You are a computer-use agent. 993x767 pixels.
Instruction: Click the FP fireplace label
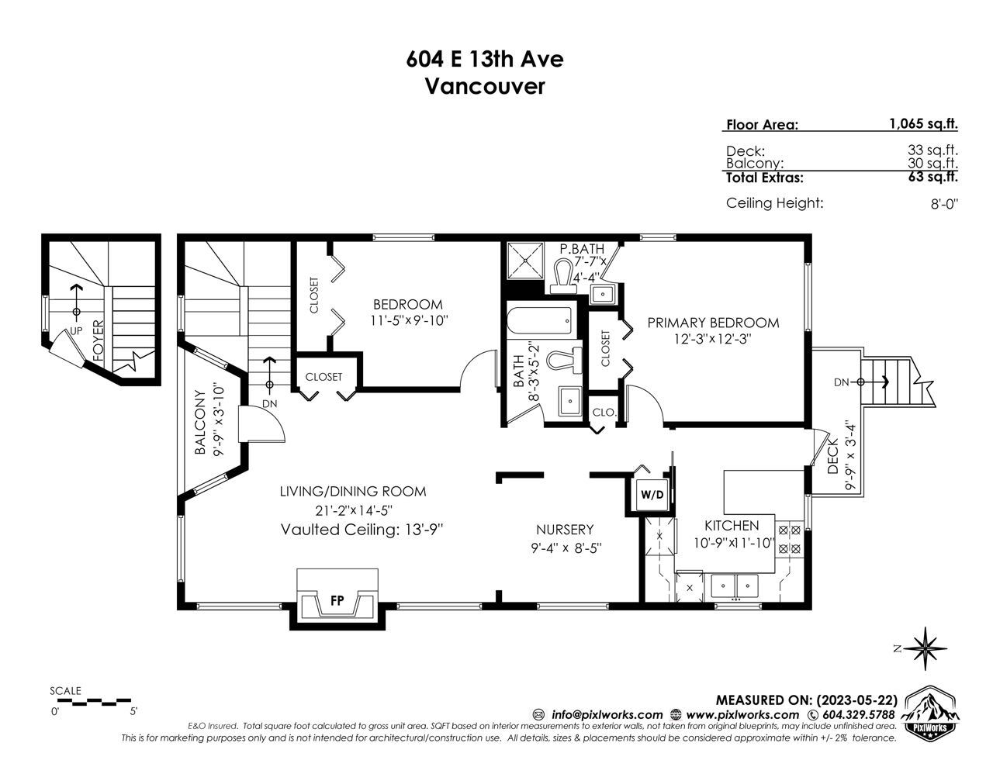click(337, 600)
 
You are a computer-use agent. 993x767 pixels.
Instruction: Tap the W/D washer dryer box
click(652, 494)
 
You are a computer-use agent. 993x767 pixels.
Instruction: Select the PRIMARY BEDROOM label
click(713, 323)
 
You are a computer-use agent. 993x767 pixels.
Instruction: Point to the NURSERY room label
click(565, 530)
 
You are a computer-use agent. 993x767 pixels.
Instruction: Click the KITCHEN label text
click(732, 525)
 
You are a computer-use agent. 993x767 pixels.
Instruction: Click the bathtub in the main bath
click(540, 320)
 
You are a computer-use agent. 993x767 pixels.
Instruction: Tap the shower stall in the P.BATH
click(526, 261)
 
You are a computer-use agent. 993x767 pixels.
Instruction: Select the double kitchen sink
click(735, 586)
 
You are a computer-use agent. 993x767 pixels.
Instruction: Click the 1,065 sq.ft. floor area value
click(923, 124)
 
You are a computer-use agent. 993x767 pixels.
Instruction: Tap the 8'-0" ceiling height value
click(944, 204)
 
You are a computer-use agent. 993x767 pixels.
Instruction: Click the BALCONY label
click(199, 422)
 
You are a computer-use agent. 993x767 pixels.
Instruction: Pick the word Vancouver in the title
click(485, 86)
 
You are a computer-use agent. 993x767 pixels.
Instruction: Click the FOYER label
click(99, 340)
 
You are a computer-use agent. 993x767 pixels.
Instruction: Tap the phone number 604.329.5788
click(858, 714)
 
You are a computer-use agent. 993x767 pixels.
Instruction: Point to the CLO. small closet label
click(604, 412)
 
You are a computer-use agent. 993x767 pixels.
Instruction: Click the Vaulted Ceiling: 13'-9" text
click(362, 530)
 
